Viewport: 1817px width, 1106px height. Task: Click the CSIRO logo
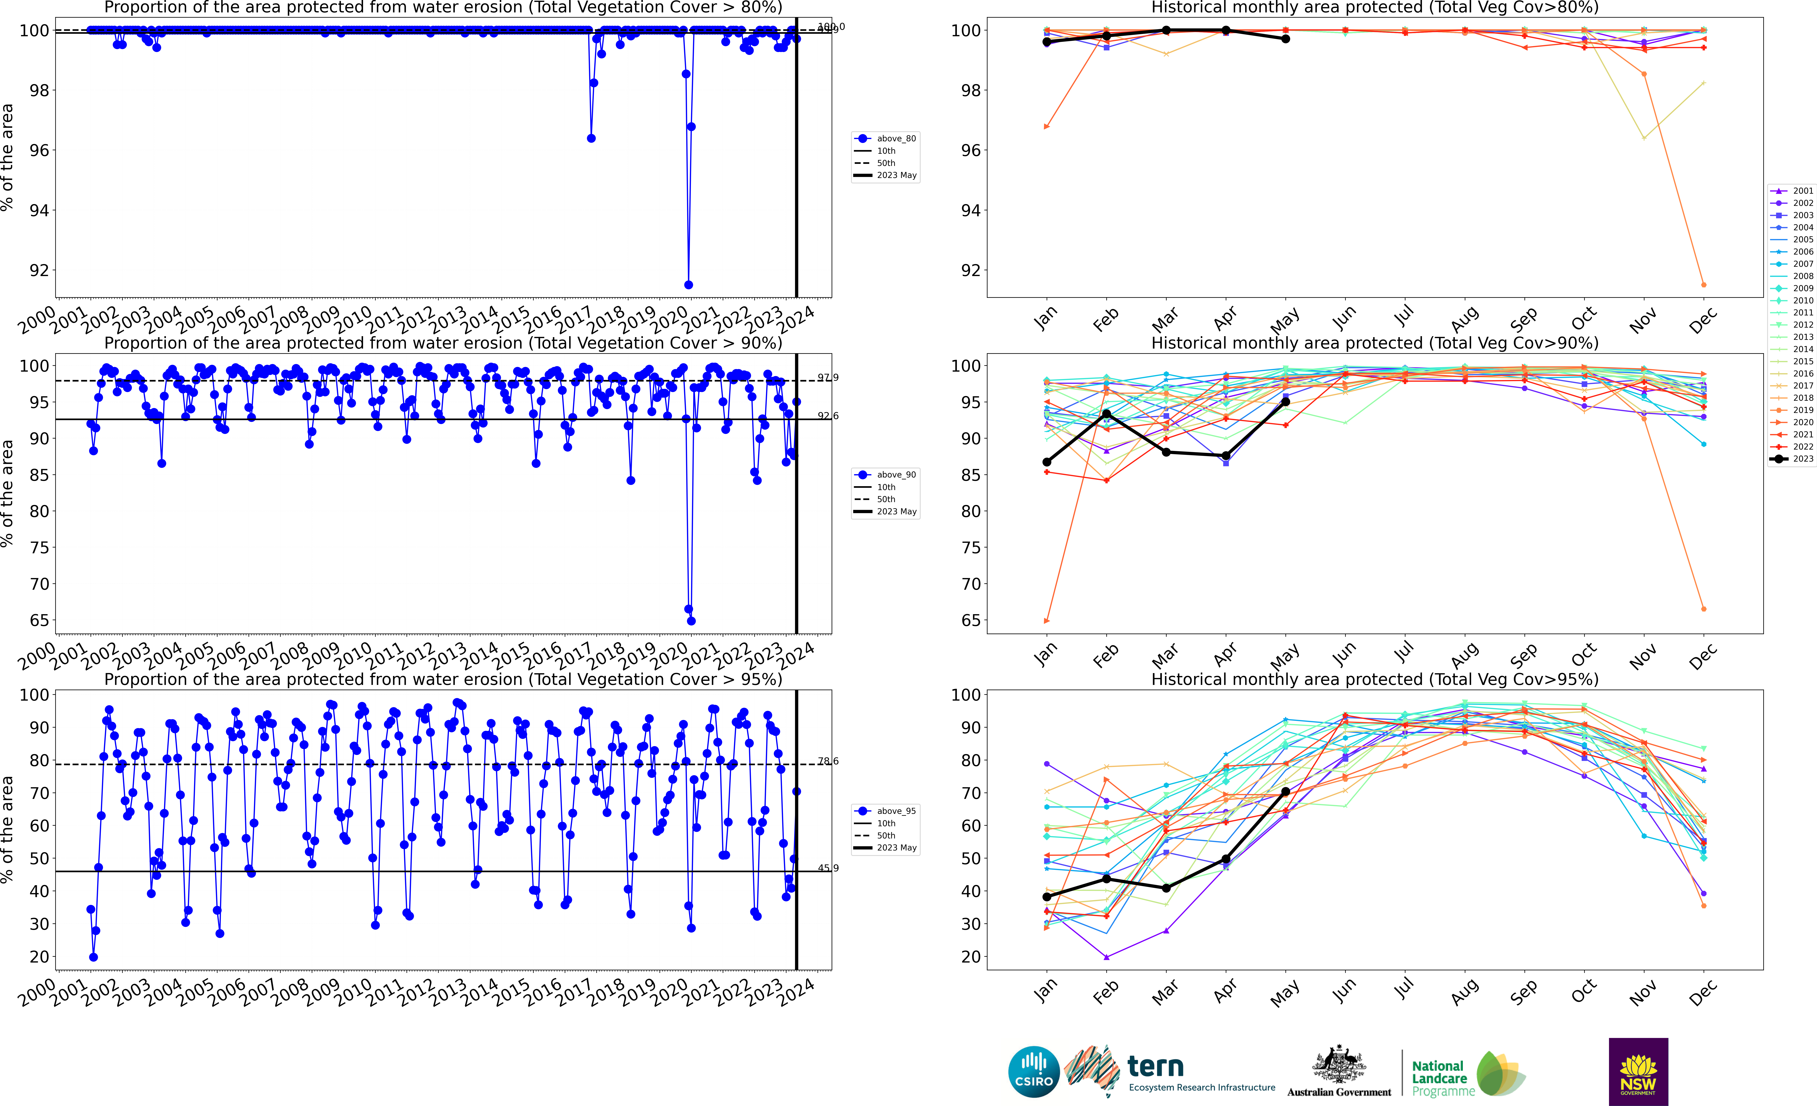click(1033, 1071)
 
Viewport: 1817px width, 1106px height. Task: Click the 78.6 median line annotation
click(827, 761)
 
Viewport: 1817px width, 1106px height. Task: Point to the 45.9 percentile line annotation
click(827, 868)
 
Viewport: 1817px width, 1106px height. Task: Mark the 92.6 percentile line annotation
click(827, 416)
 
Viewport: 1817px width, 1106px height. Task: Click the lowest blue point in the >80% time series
click(688, 285)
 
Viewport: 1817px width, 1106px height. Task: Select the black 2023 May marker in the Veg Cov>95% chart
click(1285, 791)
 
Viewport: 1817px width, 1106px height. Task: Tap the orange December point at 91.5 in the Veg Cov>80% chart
click(1703, 285)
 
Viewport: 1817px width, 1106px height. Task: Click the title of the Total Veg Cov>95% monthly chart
click(1375, 679)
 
